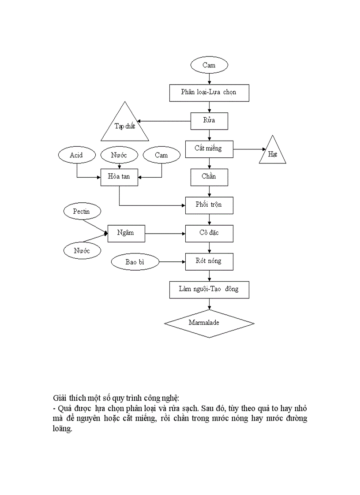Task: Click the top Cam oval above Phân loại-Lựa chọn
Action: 209,66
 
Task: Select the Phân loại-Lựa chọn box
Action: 209,93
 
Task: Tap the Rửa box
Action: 209,121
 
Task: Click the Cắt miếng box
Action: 209,149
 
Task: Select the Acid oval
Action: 77,155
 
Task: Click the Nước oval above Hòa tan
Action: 119,155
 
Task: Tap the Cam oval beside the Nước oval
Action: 161,155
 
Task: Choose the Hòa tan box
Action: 119,177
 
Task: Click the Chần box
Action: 209,177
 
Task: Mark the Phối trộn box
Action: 209,205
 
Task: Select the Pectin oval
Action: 82,212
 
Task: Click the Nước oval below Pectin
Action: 82,251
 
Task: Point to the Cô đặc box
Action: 209,233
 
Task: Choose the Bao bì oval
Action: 135,262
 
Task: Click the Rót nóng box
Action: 209,261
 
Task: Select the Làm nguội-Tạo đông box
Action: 209,290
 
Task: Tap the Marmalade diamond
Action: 209,323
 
